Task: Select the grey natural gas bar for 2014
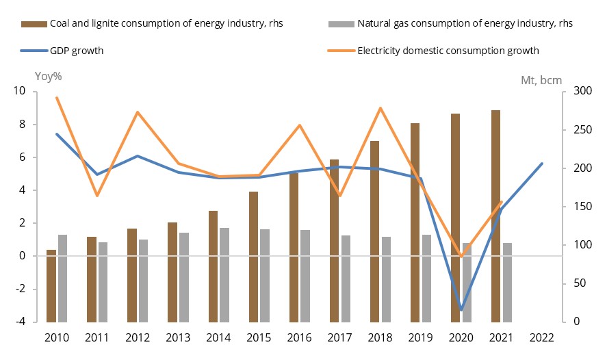point(224,274)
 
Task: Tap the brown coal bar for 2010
point(51,285)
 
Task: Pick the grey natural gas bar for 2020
point(467,282)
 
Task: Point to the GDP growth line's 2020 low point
point(461,309)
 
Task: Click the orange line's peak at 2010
point(57,97)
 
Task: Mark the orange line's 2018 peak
point(380,108)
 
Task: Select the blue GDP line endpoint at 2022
point(542,164)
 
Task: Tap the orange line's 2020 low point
point(461,257)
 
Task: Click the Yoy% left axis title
point(48,76)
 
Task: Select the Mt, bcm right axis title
point(541,80)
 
